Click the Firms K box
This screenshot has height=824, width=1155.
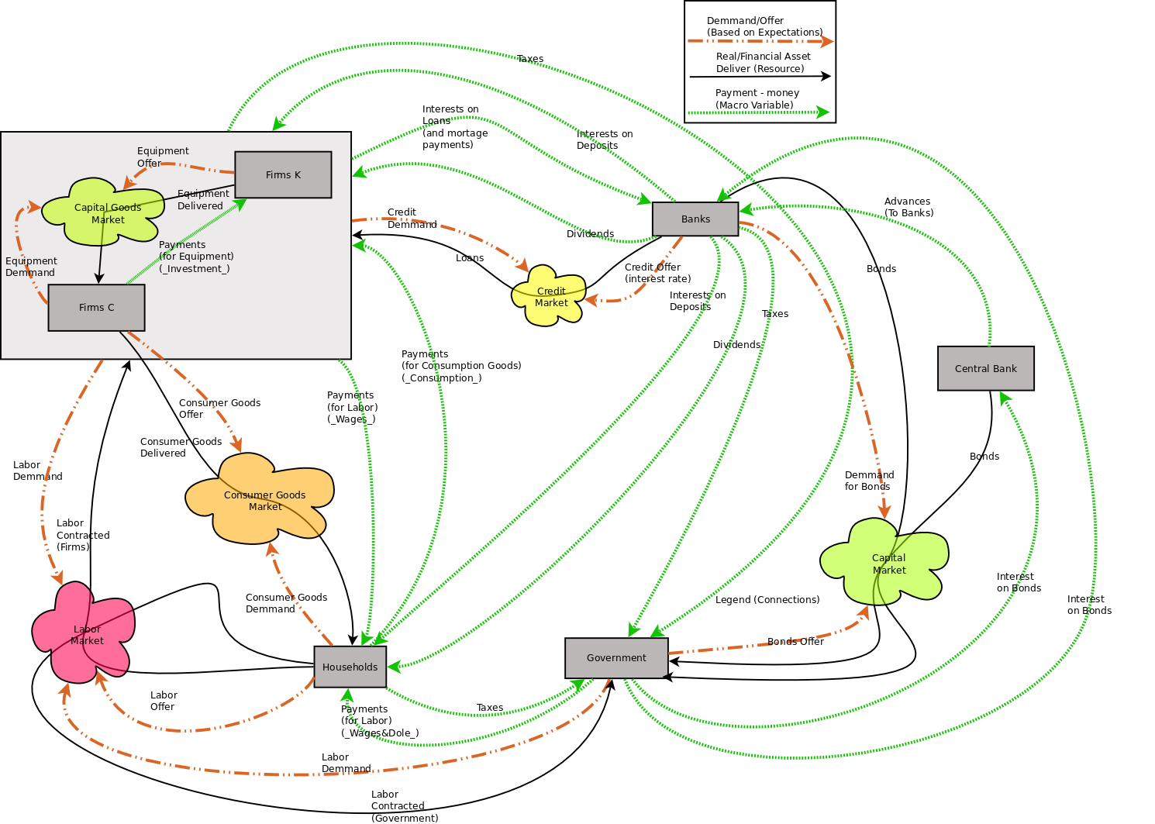pyautogui.click(x=283, y=174)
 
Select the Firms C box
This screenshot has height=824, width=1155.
pyautogui.click(x=96, y=308)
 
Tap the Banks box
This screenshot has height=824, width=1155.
pyautogui.click(x=695, y=219)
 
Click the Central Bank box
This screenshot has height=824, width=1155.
pyautogui.click(x=985, y=368)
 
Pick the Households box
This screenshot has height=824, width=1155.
pyautogui.click(x=350, y=667)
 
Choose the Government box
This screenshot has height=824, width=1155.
pyautogui.click(x=616, y=658)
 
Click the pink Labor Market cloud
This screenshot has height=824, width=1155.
pyautogui.click(x=85, y=633)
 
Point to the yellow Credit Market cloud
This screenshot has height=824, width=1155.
pyautogui.click(x=550, y=296)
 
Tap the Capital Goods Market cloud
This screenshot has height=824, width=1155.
pyautogui.click(x=105, y=212)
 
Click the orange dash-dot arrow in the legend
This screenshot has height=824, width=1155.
pyautogui.click(x=760, y=42)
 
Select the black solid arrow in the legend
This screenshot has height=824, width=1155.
pyautogui.click(x=760, y=77)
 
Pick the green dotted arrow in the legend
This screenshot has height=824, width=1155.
pyautogui.click(x=760, y=113)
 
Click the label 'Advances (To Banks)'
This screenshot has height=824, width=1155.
pyautogui.click(x=908, y=207)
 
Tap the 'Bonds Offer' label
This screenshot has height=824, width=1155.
pyautogui.click(x=795, y=642)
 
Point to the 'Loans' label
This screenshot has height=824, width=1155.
pyautogui.click(x=470, y=258)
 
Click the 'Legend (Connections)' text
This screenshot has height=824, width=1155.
pyautogui.click(x=767, y=600)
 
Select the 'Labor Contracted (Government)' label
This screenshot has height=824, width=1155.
pyautogui.click(x=404, y=806)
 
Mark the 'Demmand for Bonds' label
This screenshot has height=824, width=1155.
pyautogui.click(x=869, y=481)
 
